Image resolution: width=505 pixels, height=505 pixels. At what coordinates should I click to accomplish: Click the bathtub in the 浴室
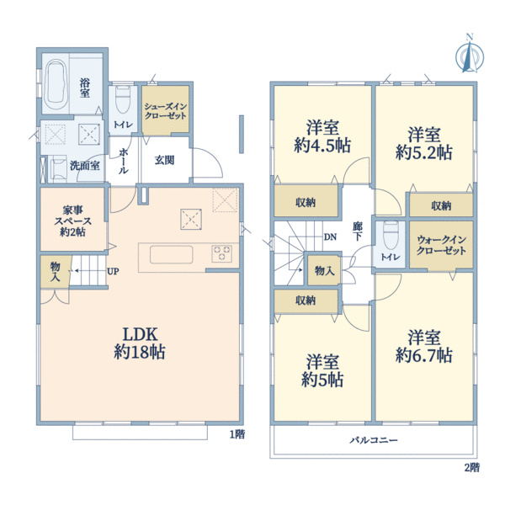[x=56, y=84]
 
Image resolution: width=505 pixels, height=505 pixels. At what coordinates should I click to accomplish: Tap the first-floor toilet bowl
[x=123, y=98]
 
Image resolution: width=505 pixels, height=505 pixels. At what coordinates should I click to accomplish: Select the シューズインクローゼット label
[x=165, y=111]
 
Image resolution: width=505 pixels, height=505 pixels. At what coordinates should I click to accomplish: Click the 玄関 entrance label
[x=165, y=160]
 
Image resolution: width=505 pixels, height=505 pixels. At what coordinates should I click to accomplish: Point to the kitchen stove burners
[x=221, y=252]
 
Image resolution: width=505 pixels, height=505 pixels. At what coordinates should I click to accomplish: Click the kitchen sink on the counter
[x=172, y=255]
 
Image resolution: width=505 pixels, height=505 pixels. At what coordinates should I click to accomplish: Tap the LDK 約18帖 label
[x=140, y=343]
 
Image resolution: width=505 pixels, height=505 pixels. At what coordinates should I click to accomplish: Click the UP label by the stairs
[x=113, y=272]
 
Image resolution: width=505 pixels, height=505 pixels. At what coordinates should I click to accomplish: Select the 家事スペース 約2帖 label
[x=72, y=221]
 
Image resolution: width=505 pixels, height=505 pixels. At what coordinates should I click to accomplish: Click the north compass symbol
[x=470, y=56]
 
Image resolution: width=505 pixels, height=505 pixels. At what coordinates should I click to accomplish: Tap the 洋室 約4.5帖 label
[x=322, y=136]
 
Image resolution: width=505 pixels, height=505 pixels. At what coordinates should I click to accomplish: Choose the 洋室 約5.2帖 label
[x=424, y=143]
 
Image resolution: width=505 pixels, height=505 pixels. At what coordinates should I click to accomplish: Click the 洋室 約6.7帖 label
[x=424, y=346]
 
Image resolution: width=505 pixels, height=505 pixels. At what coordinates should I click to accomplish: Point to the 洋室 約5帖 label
[x=322, y=370]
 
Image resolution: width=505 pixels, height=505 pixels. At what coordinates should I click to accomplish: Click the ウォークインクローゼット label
[x=441, y=245]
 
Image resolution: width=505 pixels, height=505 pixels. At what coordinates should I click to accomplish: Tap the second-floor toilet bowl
[x=391, y=236]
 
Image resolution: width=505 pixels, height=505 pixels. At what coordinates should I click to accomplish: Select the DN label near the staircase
[x=330, y=237]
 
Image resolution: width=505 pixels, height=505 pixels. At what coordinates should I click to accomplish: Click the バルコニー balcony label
[x=374, y=440]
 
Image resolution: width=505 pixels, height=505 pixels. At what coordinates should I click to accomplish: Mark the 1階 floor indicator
[x=237, y=434]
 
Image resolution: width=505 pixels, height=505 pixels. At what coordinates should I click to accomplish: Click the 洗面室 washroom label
[x=85, y=166]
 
